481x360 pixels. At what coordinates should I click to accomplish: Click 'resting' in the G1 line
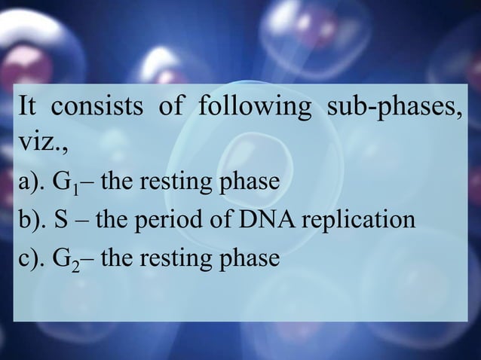click(173, 183)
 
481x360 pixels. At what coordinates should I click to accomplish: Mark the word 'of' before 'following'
click(170, 108)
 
